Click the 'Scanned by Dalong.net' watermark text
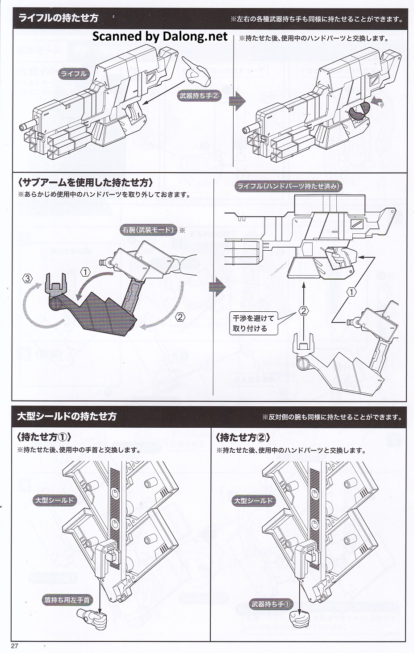160,36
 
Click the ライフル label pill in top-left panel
74,74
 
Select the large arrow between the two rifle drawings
235,101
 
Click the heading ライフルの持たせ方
58,18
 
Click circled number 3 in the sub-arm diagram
28,279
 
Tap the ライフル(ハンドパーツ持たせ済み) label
289,186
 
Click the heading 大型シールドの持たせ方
67,416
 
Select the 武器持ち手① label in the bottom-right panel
271,604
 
